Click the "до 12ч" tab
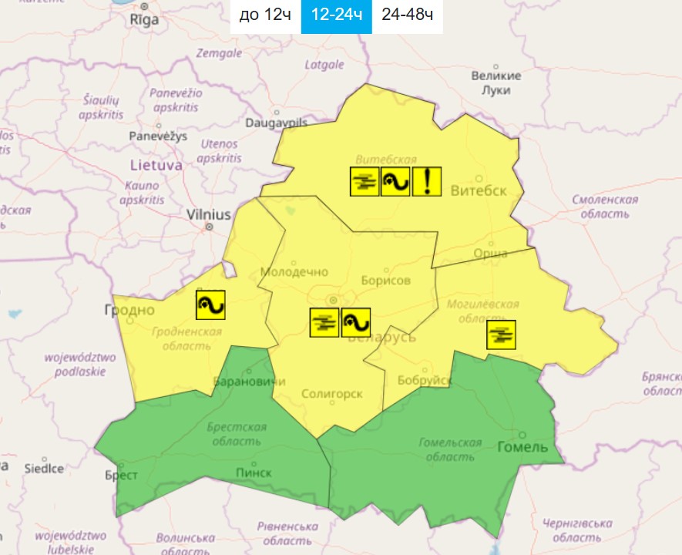[x=264, y=16]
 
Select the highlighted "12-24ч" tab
[x=336, y=16]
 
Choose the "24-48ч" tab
[x=407, y=16]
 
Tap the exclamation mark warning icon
[x=426, y=181]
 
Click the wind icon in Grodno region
[x=210, y=305]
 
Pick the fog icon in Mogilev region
[x=501, y=335]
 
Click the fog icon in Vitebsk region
[x=365, y=181]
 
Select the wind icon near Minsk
[x=355, y=322]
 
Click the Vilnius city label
[x=209, y=215]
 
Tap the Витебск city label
[x=479, y=190]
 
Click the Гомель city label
[x=522, y=447]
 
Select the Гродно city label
[x=129, y=310]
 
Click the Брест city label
[x=122, y=476]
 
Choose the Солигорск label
[x=331, y=394]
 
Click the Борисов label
[x=385, y=281]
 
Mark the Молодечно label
[x=294, y=272]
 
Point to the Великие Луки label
[x=496, y=82]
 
